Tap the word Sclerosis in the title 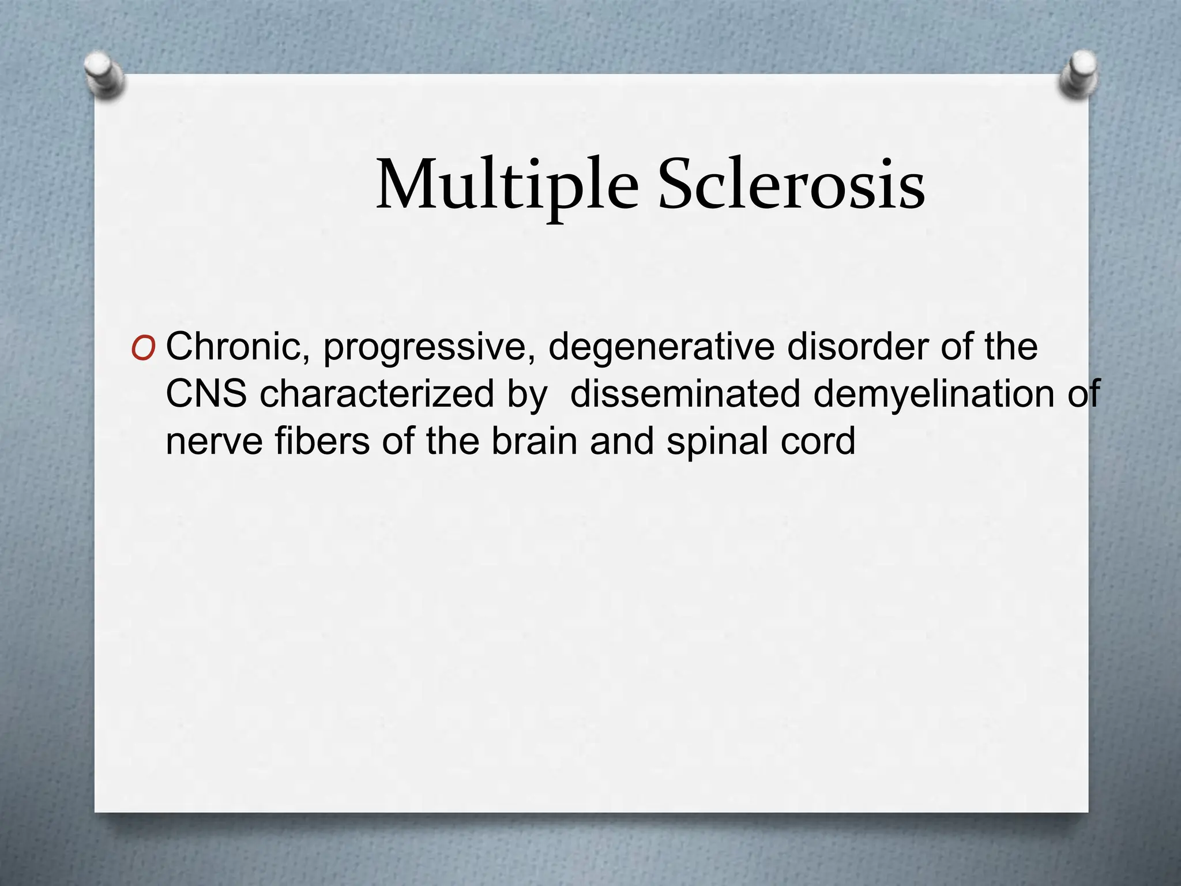click(x=791, y=185)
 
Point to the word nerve click(x=215, y=442)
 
